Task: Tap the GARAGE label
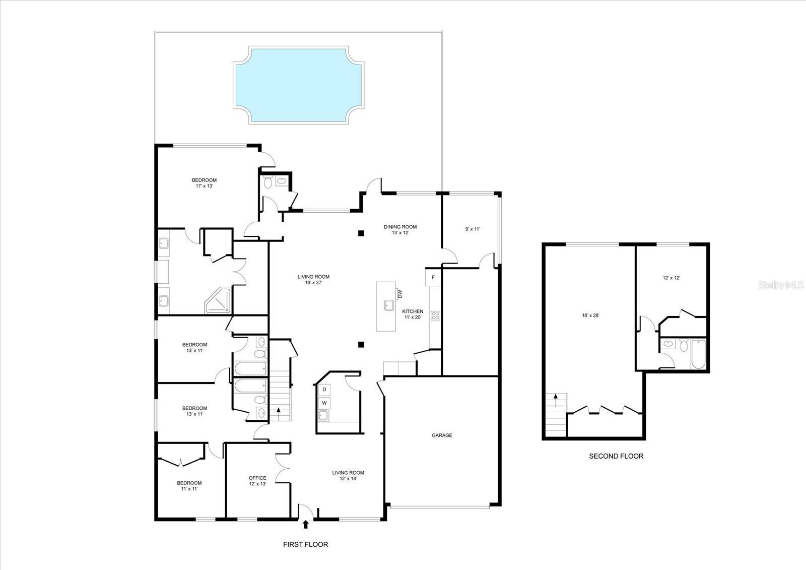(442, 435)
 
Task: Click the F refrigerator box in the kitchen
(433, 277)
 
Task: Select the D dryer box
(324, 390)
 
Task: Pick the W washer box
(324, 403)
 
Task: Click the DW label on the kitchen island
(400, 294)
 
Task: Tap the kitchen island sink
(389, 305)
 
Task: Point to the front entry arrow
(305, 525)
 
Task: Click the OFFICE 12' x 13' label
(257, 481)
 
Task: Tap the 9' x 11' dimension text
(472, 229)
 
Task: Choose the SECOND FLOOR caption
(616, 456)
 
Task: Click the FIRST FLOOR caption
(305, 544)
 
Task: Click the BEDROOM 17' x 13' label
(204, 183)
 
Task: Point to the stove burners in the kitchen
(435, 316)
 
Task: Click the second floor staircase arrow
(556, 398)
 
